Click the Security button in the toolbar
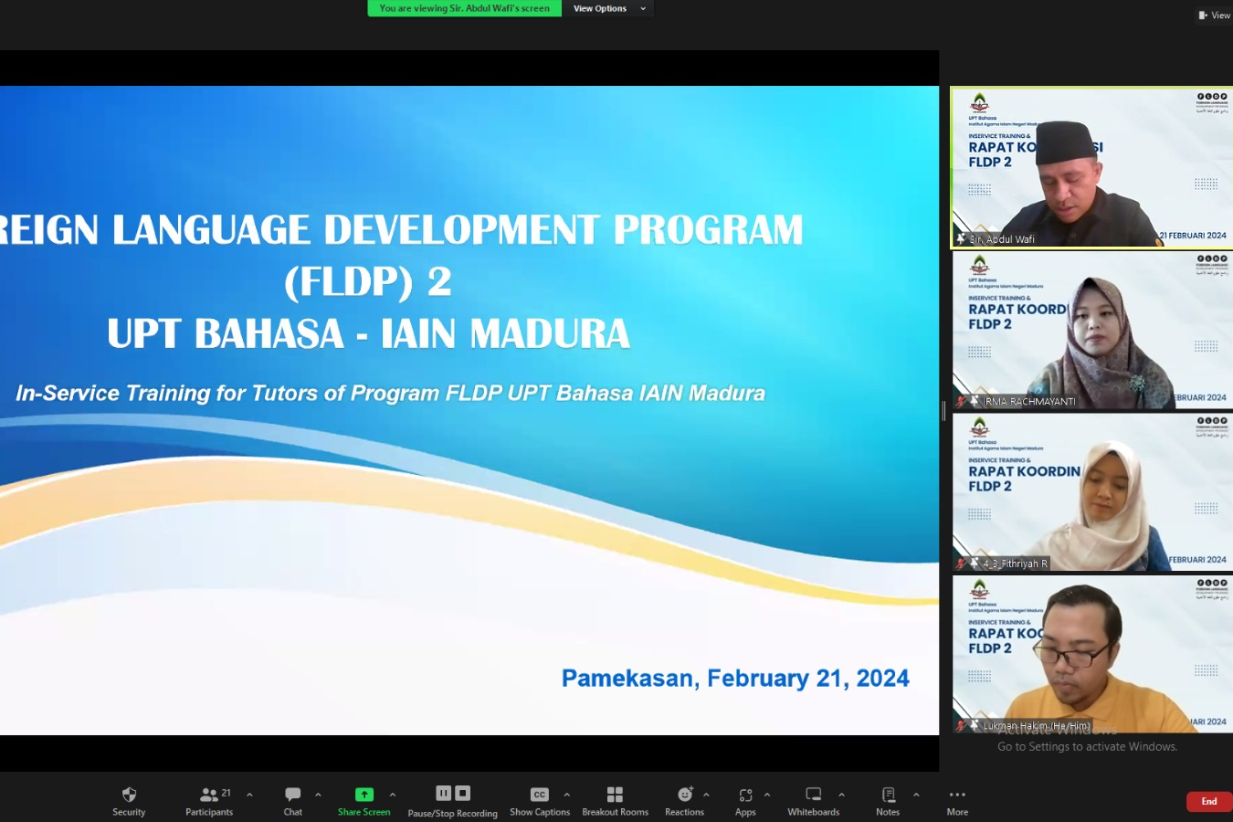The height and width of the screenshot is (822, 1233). [129, 801]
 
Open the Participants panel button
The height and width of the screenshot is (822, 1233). [209, 801]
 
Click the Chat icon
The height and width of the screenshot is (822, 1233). [292, 801]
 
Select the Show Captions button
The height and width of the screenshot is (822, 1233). [540, 801]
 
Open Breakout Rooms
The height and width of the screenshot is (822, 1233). [615, 801]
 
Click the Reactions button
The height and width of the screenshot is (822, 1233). [684, 801]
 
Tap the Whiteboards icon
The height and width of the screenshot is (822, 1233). [813, 801]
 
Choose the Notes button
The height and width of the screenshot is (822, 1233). [888, 801]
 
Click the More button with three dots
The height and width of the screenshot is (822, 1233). [957, 801]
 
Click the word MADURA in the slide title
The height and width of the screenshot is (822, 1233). [551, 333]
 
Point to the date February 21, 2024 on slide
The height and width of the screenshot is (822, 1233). [807, 678]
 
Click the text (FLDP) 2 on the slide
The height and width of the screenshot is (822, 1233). [368, 281]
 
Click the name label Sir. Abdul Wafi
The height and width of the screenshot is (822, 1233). [1002, 239]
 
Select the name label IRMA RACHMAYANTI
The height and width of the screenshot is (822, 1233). [1029, 401]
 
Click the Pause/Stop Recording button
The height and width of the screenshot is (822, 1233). [453, 801]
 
